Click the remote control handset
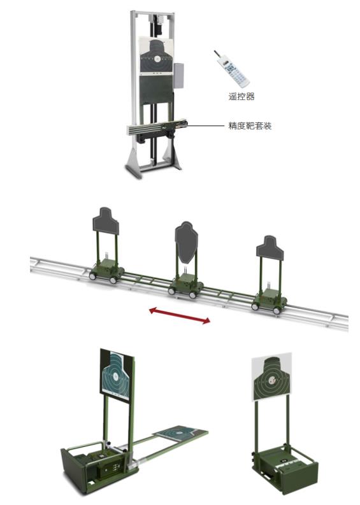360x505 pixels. click(232, 69)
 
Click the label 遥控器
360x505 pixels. click(241, 96)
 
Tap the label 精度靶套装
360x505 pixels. click(250, 125)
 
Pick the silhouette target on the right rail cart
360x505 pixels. click(270, 248)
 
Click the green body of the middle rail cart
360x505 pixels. click(185, 283)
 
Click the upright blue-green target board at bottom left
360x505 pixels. click(117, 374)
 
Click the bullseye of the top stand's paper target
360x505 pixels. click(157, 59)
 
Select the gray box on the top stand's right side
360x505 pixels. click(179, 76)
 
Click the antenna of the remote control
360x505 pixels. click(217, 55)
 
